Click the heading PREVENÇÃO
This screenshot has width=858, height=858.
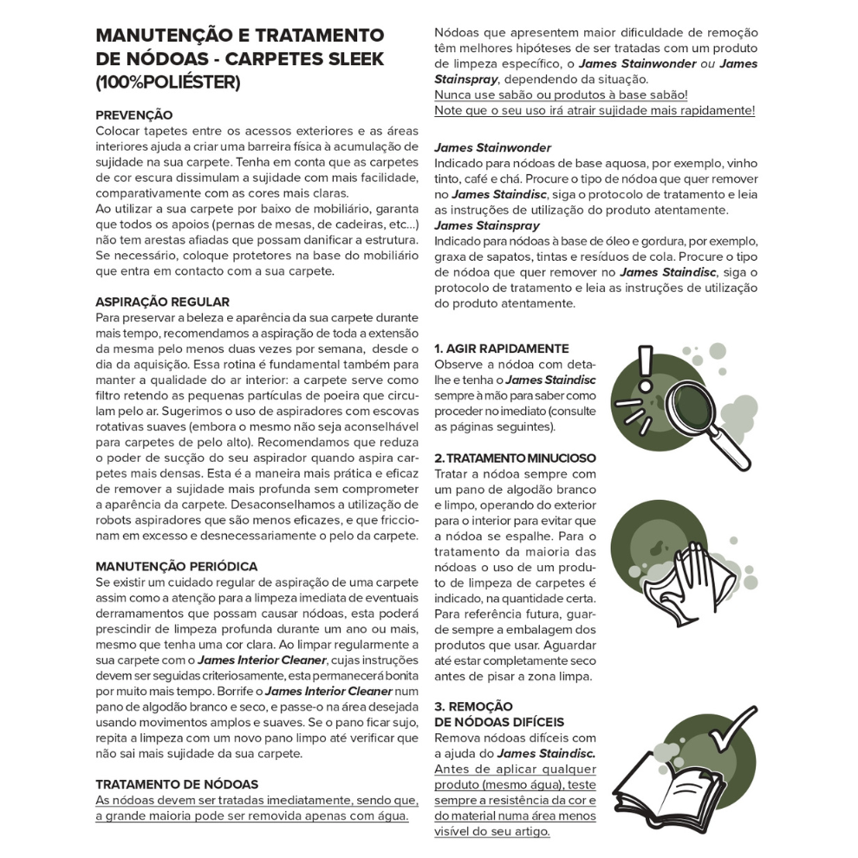[133, 114]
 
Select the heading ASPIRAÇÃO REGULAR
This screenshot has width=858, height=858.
[162, 302]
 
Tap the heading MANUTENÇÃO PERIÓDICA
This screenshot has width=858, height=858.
[176, 566]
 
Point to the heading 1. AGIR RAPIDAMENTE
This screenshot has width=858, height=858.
[501, 348]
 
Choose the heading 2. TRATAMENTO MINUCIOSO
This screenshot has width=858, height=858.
[515, 457]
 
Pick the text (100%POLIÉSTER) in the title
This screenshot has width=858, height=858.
[167, 83]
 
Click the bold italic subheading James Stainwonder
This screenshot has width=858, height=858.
[492, 147]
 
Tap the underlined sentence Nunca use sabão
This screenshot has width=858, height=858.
[561, 94]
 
